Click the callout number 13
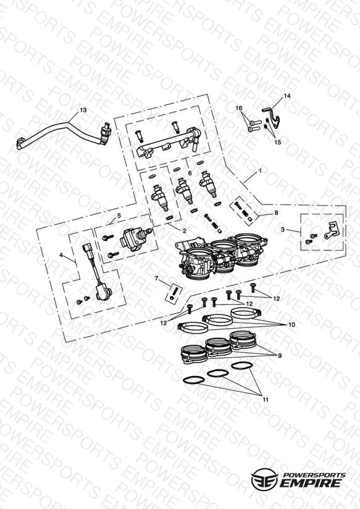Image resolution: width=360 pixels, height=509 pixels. [83, 110]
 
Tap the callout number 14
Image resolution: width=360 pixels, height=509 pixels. [287, 96]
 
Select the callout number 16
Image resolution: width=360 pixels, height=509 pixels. [239, 107]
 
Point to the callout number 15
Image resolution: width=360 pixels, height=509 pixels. [278, 142]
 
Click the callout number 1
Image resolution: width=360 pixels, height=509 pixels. [260, 170]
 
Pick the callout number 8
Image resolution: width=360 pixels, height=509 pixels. [276, 213]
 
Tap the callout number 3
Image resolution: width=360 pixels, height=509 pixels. [283, 230]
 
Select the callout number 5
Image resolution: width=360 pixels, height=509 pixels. [119, 215]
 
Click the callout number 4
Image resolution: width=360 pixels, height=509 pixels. [61, 255]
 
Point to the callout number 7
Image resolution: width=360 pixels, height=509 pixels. [156, 278]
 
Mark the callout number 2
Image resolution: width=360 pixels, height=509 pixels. [185, 231]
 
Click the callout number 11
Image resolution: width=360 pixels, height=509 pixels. [266, 400]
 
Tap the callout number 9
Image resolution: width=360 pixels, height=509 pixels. [280, 356]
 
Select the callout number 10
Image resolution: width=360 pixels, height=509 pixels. [292, 325]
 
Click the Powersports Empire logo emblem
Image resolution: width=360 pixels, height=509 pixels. [264, 479]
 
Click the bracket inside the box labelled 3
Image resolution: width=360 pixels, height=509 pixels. [331, 230]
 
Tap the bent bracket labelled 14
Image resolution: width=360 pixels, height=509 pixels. [274, 117]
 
